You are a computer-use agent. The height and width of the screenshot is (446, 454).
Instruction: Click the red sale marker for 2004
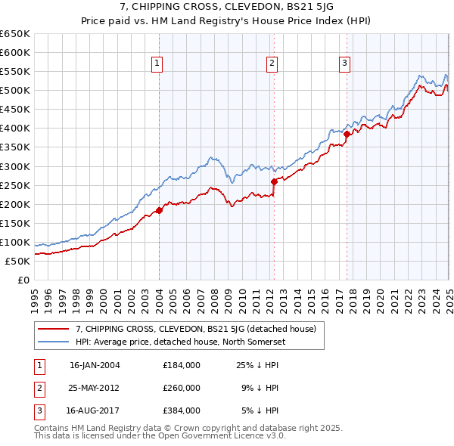(159, 210)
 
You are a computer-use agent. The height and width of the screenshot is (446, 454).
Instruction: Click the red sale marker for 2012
(274, 181)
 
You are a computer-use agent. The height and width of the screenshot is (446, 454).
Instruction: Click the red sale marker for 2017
(347, 135)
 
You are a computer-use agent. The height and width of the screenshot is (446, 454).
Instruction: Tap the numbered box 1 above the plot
(157, 63)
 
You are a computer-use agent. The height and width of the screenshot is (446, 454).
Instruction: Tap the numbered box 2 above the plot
(271, 63)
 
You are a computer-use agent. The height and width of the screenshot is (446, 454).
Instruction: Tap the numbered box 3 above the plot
(344, 63)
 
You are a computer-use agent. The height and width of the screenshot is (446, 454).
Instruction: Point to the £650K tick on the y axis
(15, 34)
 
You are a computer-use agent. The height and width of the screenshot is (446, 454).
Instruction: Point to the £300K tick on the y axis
(15, 166)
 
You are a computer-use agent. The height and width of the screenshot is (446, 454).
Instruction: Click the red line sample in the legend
(54, 329)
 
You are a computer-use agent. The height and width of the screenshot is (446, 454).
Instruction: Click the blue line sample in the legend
(54, 341)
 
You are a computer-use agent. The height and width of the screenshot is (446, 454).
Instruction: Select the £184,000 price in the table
(181, 365)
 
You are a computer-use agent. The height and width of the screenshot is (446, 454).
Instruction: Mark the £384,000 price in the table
(181, 410)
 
